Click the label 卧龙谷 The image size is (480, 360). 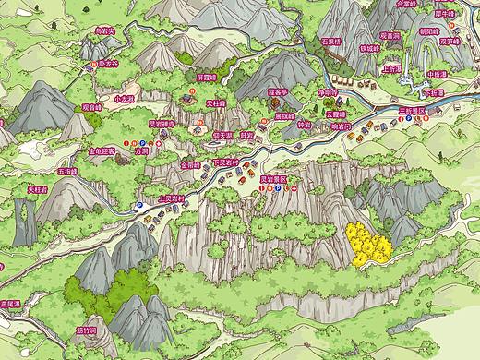point(108,65)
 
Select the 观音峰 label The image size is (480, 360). point(91,107)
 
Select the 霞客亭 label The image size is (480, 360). point(278,92)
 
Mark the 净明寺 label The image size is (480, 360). point(328,93)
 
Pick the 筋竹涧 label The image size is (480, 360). point(87,329)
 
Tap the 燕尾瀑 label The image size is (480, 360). point(11,302)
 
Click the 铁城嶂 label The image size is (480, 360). point(370,48)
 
